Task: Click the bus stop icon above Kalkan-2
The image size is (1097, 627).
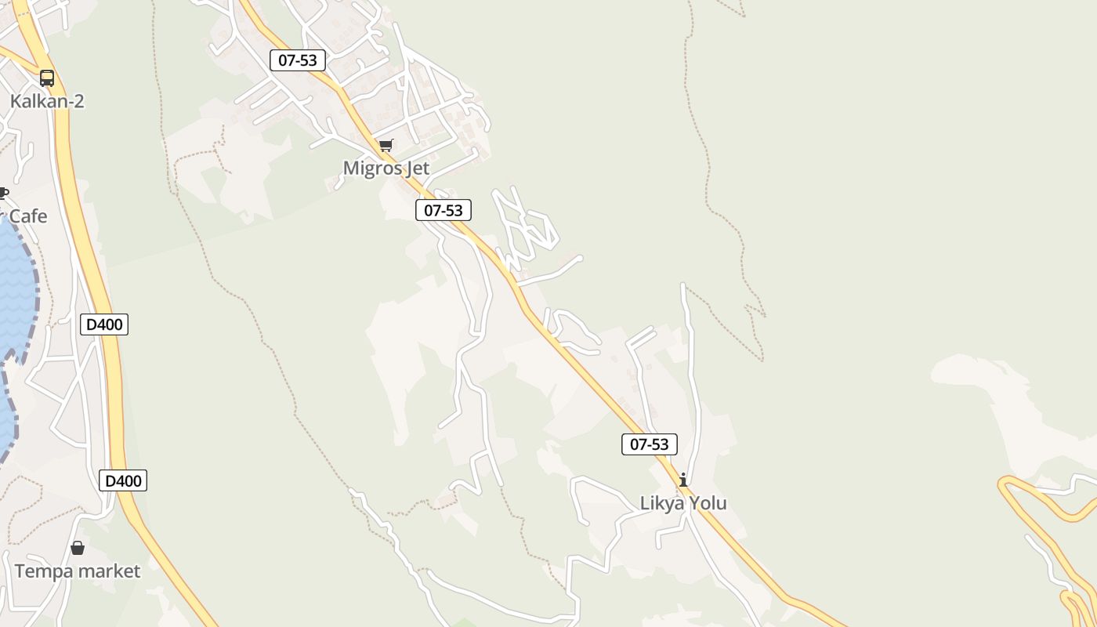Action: click(x=47, y=78)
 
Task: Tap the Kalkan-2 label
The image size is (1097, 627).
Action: click(x=47, y=101)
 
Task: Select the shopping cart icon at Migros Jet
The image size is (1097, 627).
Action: click(x=386, y=146)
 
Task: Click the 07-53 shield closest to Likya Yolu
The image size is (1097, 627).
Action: click(x=649, y=444)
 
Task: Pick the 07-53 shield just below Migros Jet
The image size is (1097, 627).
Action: click(x=444, y=210)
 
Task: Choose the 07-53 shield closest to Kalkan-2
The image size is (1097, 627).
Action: click(x=298, y=60)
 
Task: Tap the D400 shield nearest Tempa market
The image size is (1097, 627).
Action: click(x=123, y=480)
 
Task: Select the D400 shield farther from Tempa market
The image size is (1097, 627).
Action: click(x=104, y=324)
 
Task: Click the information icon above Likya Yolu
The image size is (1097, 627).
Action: click(x=683, y=480)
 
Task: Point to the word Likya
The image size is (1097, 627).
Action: click(x=662, y=503)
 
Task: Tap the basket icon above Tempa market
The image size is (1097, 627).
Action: click(x=78, y=548)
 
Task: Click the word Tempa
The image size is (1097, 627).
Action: click(x=42, y=571)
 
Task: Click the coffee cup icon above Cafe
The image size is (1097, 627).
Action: click(x=3, y=194)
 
